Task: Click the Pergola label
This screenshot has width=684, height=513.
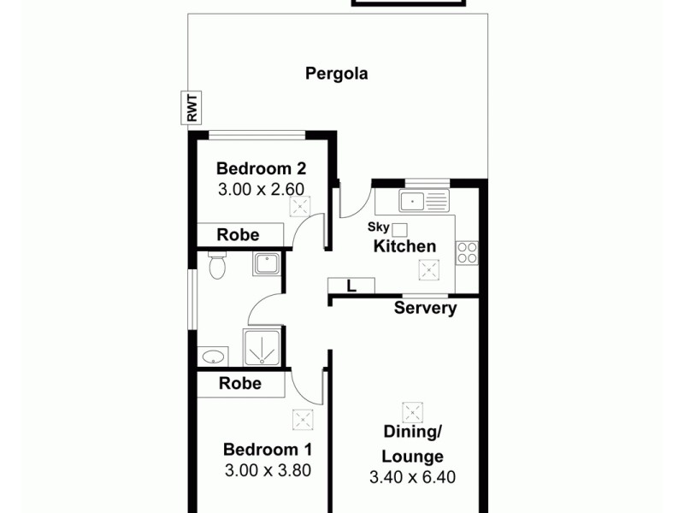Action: tap(337, 74)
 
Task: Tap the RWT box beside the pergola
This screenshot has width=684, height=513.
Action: tap(192, 109)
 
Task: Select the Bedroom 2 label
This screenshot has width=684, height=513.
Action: tap(261, 168)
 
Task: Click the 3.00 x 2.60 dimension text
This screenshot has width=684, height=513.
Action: tap(261, 190)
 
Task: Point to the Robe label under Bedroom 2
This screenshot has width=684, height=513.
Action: tap(239, 235)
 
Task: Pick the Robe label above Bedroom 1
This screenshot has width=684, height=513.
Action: tap(240, 384)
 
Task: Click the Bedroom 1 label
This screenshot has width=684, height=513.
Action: tap(268, 449)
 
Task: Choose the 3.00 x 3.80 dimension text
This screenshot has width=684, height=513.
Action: tap(268, 469)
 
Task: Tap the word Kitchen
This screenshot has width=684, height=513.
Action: tap(404, 246)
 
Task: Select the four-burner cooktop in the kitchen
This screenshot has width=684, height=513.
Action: tap(467, 252)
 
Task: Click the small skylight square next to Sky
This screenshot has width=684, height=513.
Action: tap(399, 228)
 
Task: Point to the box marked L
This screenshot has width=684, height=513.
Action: tap(352, 286)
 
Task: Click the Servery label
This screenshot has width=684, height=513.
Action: tap(425, 308)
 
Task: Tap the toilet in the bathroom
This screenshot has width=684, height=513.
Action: tap(217, 267)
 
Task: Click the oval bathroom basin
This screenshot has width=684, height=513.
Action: tap(212, 356)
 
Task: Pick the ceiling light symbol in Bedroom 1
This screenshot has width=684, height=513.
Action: tap(302, 420)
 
